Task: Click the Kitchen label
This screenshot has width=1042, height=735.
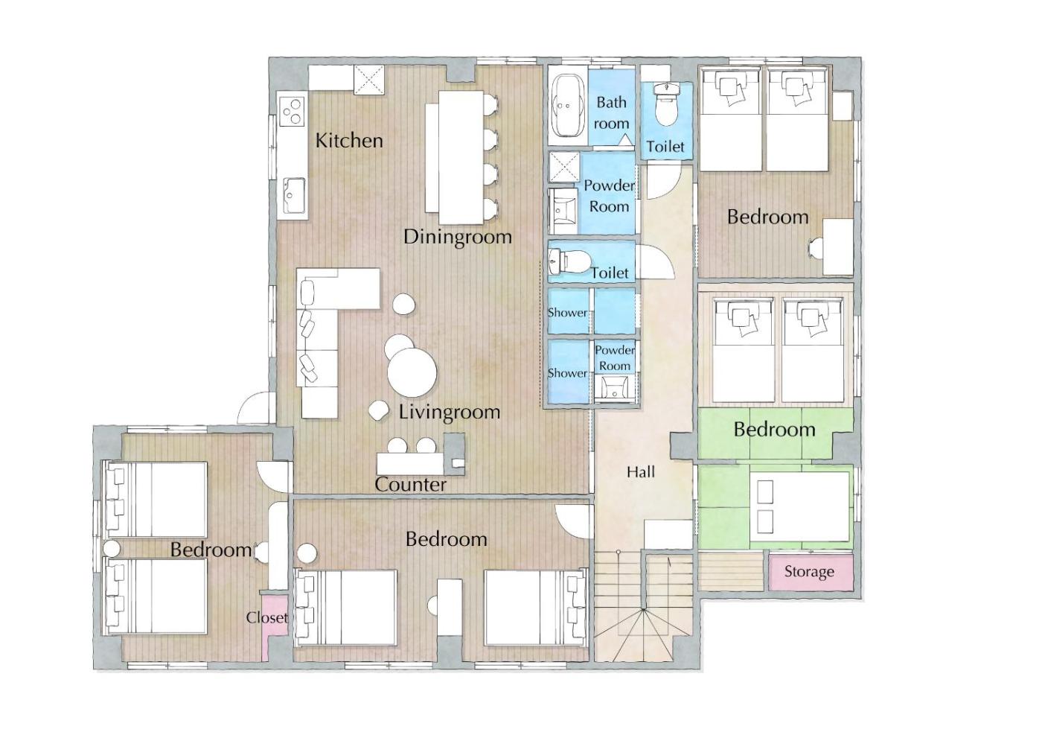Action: (x=349, y=140)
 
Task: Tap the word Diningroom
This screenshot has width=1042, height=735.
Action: (x=457, y=237)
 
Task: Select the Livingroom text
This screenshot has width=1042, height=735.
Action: (x=450, y=413)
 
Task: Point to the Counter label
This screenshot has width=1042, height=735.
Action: (x=410, y=485)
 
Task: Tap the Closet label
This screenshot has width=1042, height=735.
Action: (x=267, y=617)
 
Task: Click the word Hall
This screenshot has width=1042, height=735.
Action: (x=641, y=472)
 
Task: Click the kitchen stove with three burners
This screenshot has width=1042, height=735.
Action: (x=293, y=111)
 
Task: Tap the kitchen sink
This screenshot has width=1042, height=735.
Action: (x=294, y=196)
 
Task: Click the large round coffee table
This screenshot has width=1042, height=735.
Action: (x=412, y=372)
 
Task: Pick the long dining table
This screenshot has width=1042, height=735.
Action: (x=461, y=157)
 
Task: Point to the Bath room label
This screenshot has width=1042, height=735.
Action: (x=611, y=112)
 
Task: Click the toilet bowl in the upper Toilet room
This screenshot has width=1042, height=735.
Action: (x=666, y=106)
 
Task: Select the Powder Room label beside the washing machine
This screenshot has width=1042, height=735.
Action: (x=609, y=196)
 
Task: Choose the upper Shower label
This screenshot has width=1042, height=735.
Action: (x=567, y=312)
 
